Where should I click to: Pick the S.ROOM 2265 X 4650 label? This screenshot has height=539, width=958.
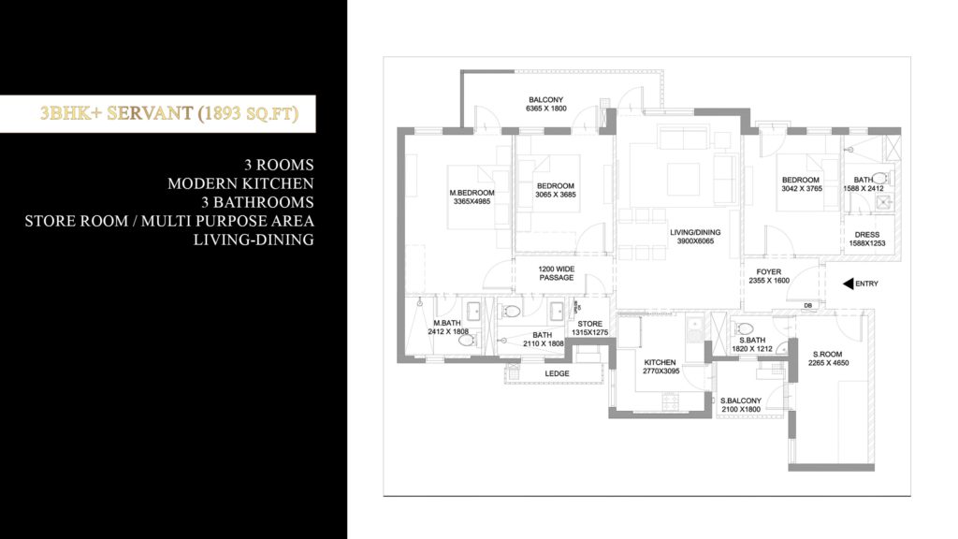(x=830, y=359)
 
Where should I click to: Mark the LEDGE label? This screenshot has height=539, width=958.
(x=558, y=374)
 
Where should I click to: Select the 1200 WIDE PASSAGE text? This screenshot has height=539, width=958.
(x=556, y=273)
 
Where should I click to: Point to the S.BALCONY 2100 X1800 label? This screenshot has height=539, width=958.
(x=742, y=405)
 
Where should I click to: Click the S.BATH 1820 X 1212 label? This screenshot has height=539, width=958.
(x=753, y=344)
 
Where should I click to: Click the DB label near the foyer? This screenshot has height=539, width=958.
(x=807, y=306)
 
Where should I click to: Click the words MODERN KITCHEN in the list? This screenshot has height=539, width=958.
(x=240, y=183)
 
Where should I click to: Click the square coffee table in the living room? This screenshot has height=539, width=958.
(x=685, y=175)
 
